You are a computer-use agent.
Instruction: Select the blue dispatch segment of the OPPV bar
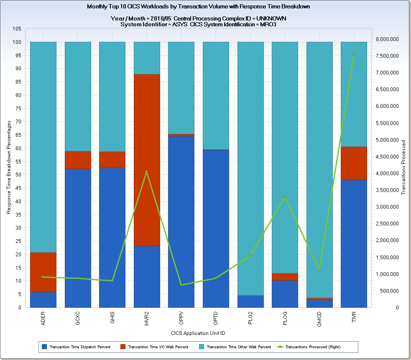click(181, 222)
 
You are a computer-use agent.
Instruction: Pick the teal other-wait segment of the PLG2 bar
click(250, 167)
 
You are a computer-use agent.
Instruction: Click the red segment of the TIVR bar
click(354, 163)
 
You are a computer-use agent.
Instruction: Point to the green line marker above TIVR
click(353, 54)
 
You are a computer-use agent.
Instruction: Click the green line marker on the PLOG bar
click(285, 197)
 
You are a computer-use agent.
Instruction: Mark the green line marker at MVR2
click(146, 171)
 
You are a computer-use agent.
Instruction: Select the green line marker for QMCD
click(319, 270)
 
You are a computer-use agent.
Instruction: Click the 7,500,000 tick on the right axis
click(389, 56)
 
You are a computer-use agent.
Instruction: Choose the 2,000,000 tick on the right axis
click(389, 240)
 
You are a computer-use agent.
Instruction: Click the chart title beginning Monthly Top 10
click(199, 7)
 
